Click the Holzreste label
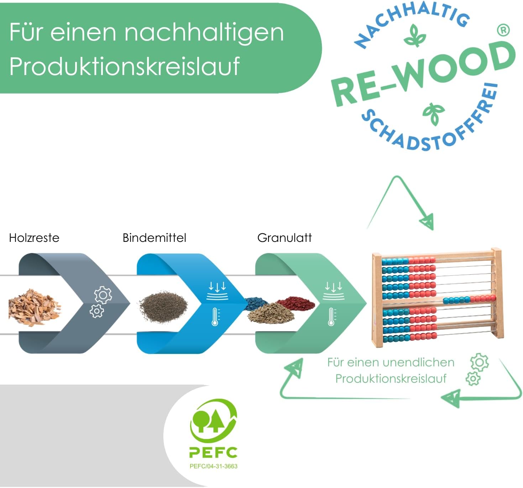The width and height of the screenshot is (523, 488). pyautogui.click(x=34, y=238)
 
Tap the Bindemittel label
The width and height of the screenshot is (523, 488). pyautogui.click(x=154, y=238)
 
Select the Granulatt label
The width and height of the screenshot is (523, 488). pyautogui.click(x=284, y=238)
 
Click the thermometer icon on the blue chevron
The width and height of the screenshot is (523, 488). pyautogui.click(x=215, y=317)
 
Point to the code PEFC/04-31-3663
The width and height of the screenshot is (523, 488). pyautogui.click(x=213, y=466)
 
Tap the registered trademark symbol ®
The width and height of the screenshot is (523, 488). pyautogui.click(x=503, y=31)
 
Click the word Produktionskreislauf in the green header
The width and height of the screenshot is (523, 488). pyautogui.click(x=124, y=66)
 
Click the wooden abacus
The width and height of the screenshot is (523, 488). pyautogui.click(x=437, y=297)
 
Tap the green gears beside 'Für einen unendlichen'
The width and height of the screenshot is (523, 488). pyautogui.click(x=477, y=369)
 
